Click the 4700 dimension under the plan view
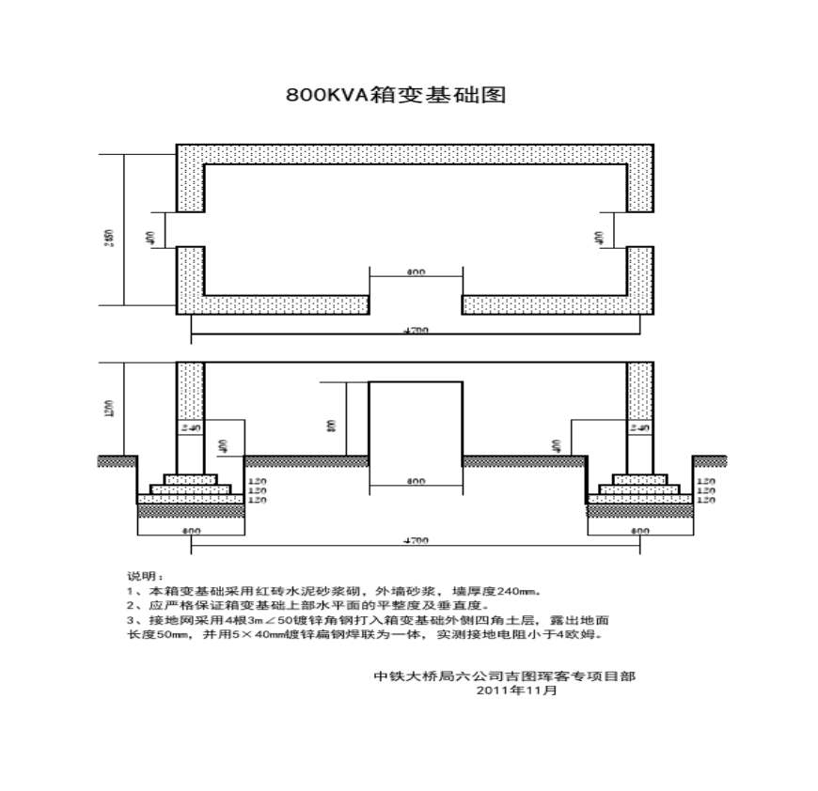pos(416,331)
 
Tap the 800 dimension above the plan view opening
pos(416,271)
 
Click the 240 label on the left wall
pos(191,427)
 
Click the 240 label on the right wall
pos(639,427)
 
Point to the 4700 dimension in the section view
pos(416,541)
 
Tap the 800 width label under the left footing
pos(191,532)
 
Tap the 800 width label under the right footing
pos(640,532)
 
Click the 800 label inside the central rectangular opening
pos(416,481)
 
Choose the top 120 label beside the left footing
pos(257,481)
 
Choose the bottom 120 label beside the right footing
pos(706,501)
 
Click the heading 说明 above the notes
pos(145,574)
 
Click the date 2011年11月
pos(517,690)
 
